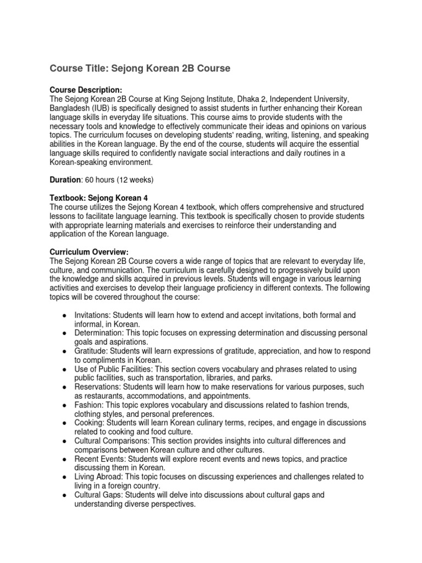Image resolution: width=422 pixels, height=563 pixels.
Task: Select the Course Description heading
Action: [x=86, y=90]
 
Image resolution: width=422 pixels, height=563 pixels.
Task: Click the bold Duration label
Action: [x=65, y=180]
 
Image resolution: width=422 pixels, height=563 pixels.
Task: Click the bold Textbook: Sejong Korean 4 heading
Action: [x=98, y=197]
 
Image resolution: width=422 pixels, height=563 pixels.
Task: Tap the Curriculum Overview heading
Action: [x=89, y=251]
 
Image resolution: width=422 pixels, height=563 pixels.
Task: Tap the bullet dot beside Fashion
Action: [x=65, y=405]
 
